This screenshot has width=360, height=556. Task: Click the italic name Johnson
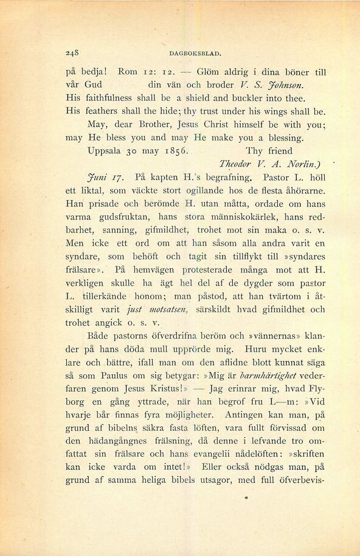tap(304, 85)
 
